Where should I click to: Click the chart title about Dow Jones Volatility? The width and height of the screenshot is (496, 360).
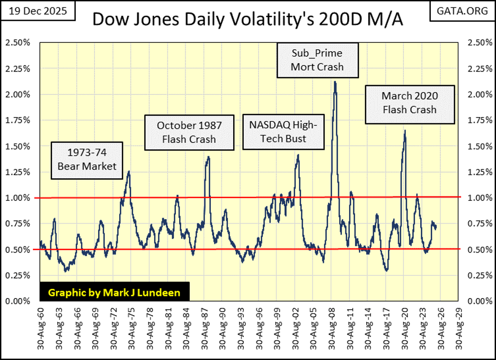click(x=248, y=20)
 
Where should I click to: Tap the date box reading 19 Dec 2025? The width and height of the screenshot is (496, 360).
click(x=38, y=11)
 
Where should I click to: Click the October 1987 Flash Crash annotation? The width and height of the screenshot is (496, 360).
click(x=189, y=132)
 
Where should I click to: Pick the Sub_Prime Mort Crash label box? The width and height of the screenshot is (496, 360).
click(x=317, y=60)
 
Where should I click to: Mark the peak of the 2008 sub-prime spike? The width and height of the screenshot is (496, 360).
click(x=335, y=82)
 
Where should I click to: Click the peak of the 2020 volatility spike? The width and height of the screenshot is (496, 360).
click(x=405, y=131)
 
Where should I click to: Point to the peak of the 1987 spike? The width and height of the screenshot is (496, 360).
click(x=208, y=157)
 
